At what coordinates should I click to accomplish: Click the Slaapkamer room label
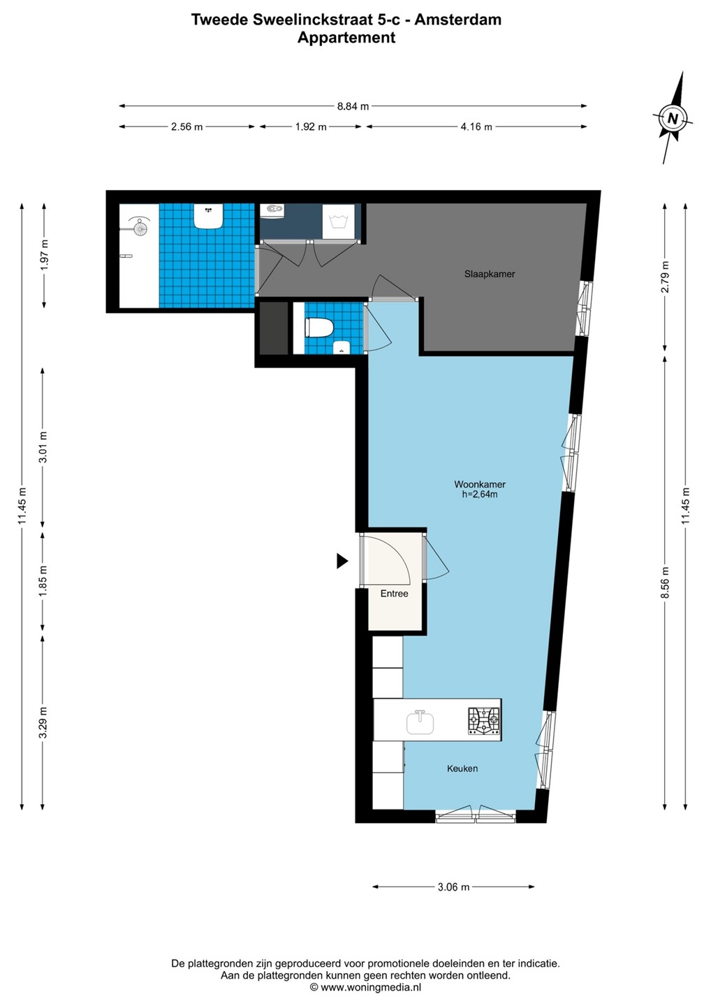(x=490, y=274)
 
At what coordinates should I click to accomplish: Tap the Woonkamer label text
(x=480, y=484)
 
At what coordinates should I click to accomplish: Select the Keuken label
(x=462, y=768)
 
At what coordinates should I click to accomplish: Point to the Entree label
(x=394, y=593)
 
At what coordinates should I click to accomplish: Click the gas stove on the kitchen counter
(x=484, y=721)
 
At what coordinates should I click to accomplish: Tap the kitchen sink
(x=420, y=722)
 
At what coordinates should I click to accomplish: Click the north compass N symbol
(x=672, y=118)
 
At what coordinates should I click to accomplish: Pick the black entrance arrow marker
(x=342, y=561)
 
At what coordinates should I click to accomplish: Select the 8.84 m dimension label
(x=353, y=106)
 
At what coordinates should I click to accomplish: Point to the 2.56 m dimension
(x=186, y=127)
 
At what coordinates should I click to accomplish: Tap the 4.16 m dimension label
(x=476, y=127)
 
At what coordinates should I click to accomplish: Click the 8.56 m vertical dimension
(x=665, y=582)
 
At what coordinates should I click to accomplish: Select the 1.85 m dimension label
(x=43, y=581)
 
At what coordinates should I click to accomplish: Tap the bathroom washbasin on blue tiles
(x=208, y=216)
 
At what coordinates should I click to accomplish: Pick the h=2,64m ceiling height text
(x=480, y=495)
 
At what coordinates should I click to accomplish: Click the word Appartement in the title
(x=346, y=38)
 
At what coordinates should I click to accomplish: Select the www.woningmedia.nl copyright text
(x=365, y=986)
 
